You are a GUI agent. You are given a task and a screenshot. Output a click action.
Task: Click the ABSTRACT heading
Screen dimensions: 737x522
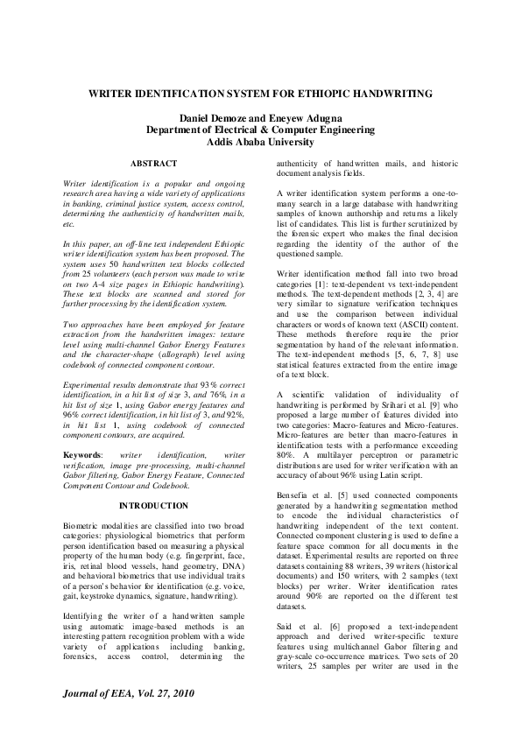(154, 164)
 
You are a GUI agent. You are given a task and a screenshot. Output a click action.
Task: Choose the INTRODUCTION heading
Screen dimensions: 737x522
(153, 505)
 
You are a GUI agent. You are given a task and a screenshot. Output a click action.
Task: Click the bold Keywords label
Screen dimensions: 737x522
(83, 456)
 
